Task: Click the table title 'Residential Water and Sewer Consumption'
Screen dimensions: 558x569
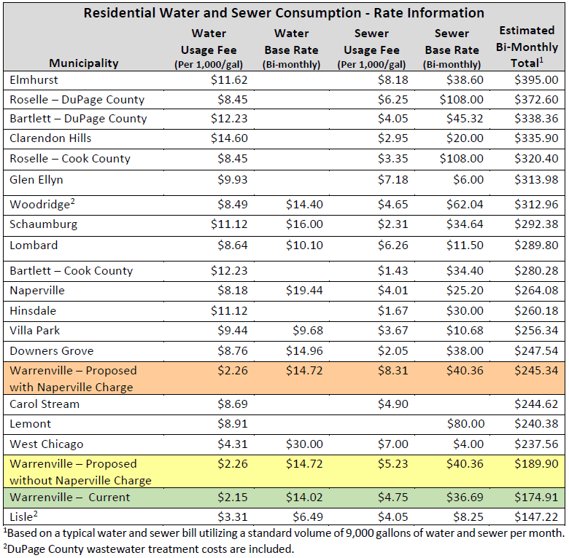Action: [x=283, y=13]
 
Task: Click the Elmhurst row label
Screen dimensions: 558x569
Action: [x=34, y=79]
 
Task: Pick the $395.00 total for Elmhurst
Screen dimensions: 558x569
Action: [x=536, y=79]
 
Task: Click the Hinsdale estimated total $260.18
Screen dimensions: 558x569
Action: [x=536, y=311]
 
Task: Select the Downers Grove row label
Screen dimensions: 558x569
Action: [x=52, y=351]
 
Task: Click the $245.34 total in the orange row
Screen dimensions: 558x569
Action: [x=536, y=371]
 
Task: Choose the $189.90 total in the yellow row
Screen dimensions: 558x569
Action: [x=536, y=464]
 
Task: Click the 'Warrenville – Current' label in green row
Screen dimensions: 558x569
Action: [x=70, y=498]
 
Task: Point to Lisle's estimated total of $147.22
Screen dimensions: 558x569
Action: [x=536, y=517]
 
